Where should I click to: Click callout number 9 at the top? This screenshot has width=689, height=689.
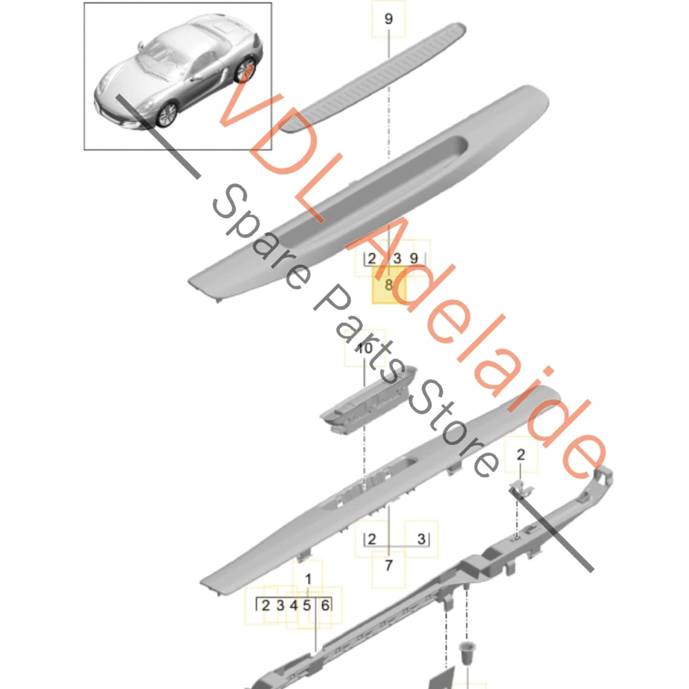point(388,19)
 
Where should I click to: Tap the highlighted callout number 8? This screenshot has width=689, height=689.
point(388,285)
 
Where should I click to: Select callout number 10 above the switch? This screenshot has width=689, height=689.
point(364,348)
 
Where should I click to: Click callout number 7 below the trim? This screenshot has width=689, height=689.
point(388,566)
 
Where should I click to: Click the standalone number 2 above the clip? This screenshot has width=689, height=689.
point(521,455)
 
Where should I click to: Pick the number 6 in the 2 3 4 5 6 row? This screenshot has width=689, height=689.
point(325,606)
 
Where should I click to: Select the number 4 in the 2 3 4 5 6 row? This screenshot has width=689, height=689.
point(294,606)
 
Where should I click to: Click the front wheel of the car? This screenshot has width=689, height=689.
point(166,114)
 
